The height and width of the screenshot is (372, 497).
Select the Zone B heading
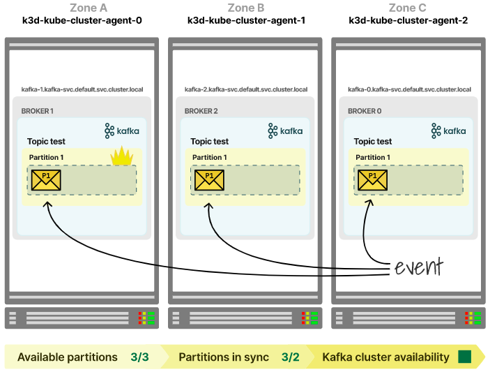tap(246, 8)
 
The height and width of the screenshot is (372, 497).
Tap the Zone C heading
tap(408, 8)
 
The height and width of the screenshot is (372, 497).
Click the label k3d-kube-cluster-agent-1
tap(246, 20)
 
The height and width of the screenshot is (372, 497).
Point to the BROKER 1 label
tap(37, 111)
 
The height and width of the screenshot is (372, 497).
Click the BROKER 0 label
tap(365, 111)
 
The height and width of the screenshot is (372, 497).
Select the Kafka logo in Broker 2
tap(282, 131)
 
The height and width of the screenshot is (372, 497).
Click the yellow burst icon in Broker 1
tap(122, 156)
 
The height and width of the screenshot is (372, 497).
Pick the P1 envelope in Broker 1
tap(46, 179)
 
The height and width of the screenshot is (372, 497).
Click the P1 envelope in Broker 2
tap(209, 179)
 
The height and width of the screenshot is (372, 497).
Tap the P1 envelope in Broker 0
tap(372, 179)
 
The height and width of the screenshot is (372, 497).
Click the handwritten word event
tap(418, 267)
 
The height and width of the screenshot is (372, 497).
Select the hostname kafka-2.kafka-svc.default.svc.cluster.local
tap(246, 89)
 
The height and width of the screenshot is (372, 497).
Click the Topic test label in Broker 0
tap(373, 141)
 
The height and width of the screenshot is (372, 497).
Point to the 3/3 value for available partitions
tap(139, 357)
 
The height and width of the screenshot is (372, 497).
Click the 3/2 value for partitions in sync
tap(290, 357)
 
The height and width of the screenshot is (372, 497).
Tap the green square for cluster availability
tap(464, 357)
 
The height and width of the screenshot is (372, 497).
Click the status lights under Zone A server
tap(147, 318)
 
